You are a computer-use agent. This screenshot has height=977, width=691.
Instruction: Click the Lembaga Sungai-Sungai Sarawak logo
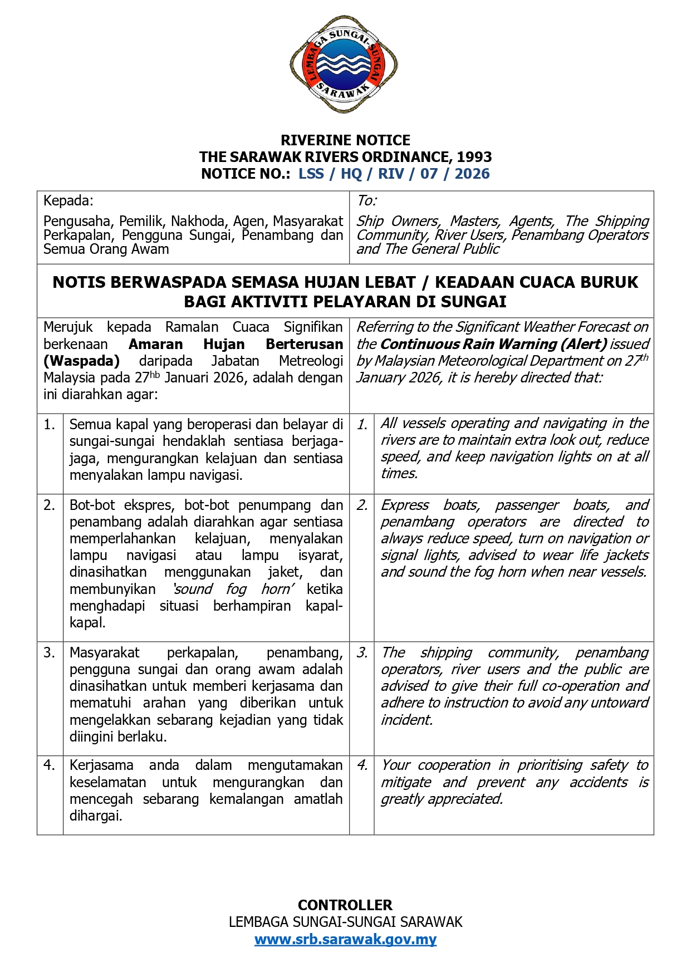tap(344, 65)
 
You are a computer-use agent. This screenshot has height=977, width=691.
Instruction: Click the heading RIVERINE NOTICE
tap(345, 140)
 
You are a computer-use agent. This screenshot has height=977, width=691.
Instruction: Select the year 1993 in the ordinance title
tap(474, 157)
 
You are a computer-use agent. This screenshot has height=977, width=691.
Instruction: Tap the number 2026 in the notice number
tap(472, 174)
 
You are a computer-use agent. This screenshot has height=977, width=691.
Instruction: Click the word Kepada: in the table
tap(68, 200)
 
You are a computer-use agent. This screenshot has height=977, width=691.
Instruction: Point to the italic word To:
tap(366, 200)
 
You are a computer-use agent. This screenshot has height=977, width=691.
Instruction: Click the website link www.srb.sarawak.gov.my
tap(345, 939)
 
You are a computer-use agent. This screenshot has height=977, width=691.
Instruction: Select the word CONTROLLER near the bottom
tap(345, 905)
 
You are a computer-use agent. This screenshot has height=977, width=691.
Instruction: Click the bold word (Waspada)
tap(81, 361)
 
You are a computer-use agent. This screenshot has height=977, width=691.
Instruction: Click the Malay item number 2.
tap(49, 505)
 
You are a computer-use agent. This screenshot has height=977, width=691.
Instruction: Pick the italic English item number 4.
tap(362, 765)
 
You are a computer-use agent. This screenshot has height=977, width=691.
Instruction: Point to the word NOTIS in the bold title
tap(77, 282)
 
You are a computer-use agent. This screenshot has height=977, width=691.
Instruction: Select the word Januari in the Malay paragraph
tap(187, 377)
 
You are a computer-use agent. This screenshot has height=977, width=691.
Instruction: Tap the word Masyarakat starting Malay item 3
tap(104, 652)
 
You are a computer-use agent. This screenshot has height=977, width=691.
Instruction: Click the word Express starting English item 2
tap(405, 505)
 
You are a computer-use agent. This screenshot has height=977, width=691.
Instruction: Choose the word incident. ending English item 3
tap(406, 720)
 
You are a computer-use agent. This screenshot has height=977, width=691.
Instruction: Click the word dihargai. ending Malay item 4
tap(95, 816)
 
